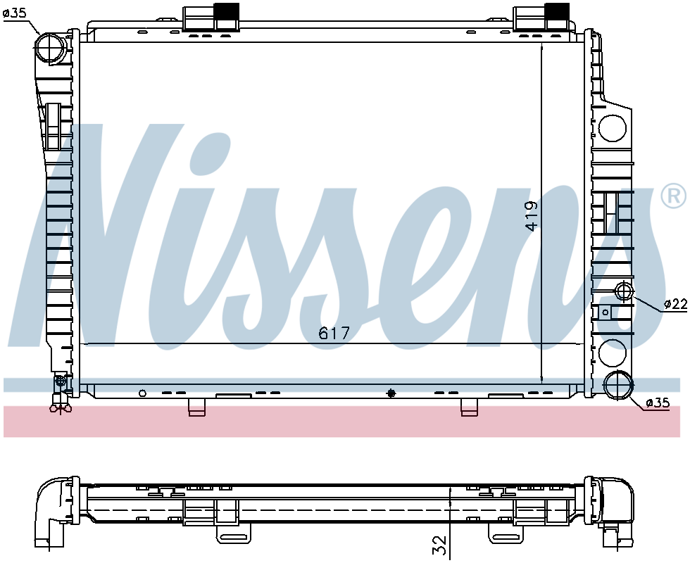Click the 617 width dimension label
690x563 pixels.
(334, 333)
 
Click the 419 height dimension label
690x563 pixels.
(532, 216)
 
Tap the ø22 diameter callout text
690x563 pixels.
(675, 303)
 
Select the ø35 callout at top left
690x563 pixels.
(15, 13)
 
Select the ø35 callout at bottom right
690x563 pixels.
(658, 402)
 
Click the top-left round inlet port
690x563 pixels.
(50, 48)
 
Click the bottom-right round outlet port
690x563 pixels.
(618, 386)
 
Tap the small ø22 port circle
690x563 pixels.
(624, 291)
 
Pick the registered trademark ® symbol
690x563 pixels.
(674, 196)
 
